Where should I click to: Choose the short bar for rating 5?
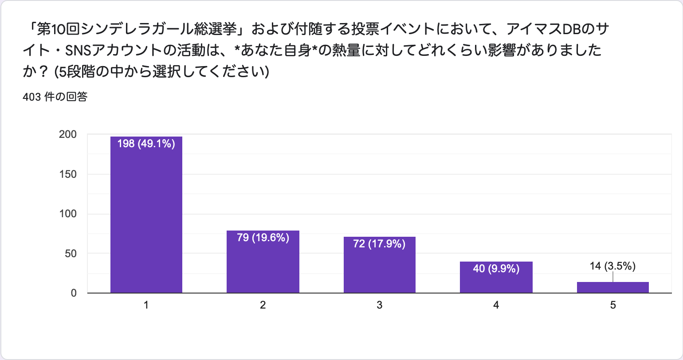point(612,287)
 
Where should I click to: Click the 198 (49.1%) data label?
point(146,144)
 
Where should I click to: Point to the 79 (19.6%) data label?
point(263,238)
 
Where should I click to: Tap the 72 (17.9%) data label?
point(380,244)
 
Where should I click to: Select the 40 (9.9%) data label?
point(496,269)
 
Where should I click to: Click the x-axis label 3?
point(380,305)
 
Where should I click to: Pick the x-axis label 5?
point(613,305)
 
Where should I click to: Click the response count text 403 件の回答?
point(55,97)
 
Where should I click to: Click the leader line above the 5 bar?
point(613,277)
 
